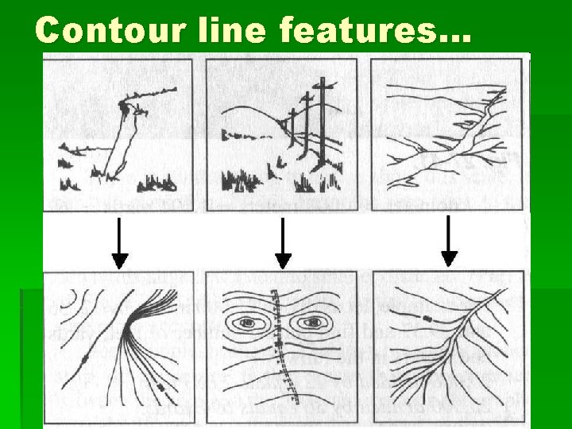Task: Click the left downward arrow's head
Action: [x=119, y=260]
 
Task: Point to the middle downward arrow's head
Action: [x=284, y=260]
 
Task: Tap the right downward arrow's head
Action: [x=450, y=257]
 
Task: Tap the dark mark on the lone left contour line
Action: [x=83, y=361]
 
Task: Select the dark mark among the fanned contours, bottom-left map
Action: [x=162, y=387]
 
